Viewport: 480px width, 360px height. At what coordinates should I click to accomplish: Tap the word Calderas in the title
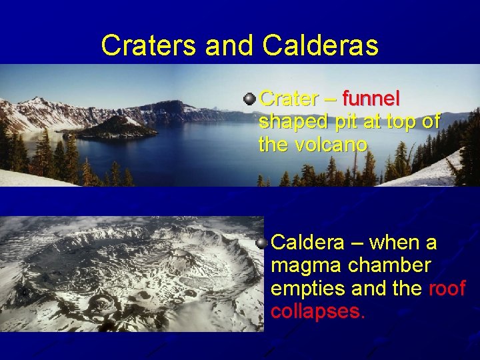[321, 45]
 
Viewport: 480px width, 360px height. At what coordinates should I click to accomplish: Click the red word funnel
[371, 99]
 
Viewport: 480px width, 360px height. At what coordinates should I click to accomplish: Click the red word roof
[446, 289]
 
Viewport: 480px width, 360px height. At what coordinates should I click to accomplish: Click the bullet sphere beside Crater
[249, 99]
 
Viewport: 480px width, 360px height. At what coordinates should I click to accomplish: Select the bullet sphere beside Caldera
[262, 241]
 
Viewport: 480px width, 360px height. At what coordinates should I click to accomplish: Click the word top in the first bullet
[409, 122]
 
